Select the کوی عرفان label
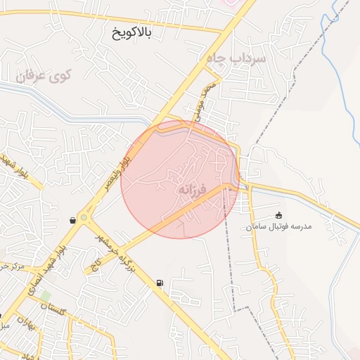pyautogui.click(x=44, y=75)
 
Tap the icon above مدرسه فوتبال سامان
pyautogui.click(x=279, y=215)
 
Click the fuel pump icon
pyautogui.click(x=160, y=283)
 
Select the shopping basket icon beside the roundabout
pyautogui.click(x=72, y=220)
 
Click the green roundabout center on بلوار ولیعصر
pyautogui.click(x=84, y=219)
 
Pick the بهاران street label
pyautogui.click(x=27, y=325)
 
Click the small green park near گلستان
pyautogui.click(x=45, y=297)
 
